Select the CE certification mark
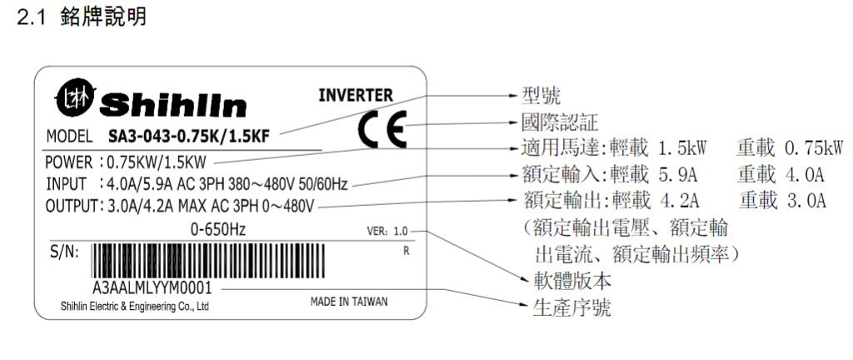coord(382,129)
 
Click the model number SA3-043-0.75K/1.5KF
coord(193,136)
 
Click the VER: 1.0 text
coord(387,232)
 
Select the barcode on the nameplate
coord(241,260)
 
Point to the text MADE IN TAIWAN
coord(348,302)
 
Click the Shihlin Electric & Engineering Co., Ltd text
coord(133,307)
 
